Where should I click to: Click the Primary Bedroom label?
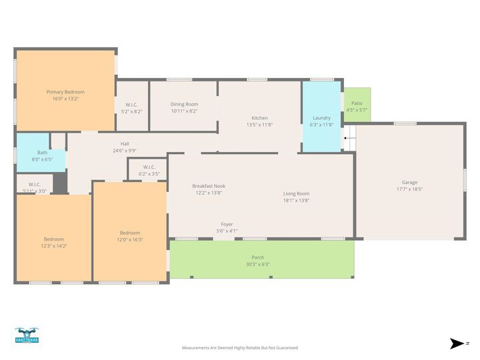click(x=65, y=92)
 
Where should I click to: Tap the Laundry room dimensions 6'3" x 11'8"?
click(x=322, y=125)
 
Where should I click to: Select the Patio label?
click(x=357, y=103)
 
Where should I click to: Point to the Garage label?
click(x=409, y=182)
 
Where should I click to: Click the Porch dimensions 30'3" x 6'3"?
click(x=258, y=264)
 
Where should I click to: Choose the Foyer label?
click(x=227, y=224)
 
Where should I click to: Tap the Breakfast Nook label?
click(x=209, y=186)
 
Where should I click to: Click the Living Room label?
click(x=296, y=193)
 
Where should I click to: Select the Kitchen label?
click(x=259, y=118)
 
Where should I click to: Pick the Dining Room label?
click(x=184, y=104)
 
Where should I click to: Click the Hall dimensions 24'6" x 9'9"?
click(x=125, y=151)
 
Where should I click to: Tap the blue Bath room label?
click(x=42, y=153)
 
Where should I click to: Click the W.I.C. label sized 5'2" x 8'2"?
click(x=131, y=104)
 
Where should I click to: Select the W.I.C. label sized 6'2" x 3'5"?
click(x=148, y=167)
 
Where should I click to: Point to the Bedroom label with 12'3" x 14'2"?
click(x=54, y=239)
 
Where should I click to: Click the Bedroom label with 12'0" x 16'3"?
click(x=130, y=233)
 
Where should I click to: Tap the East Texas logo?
click(x=27, y=335)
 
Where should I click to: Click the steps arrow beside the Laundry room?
click(x=346, y=139)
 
